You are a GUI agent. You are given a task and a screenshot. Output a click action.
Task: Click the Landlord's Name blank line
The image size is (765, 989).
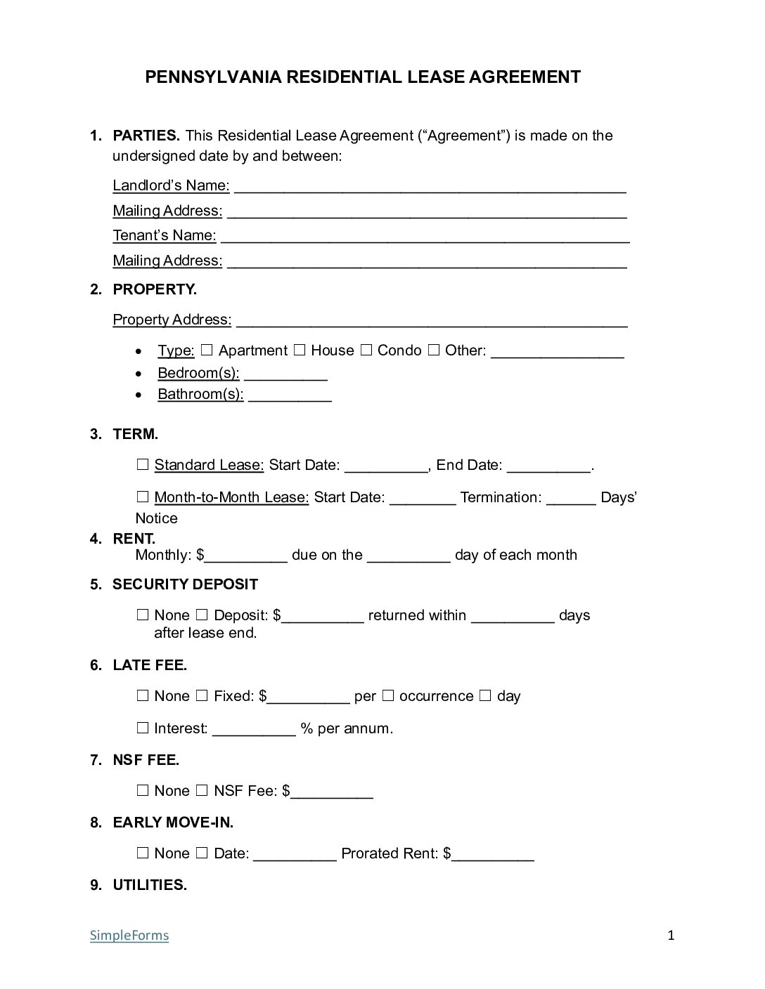point(430,186)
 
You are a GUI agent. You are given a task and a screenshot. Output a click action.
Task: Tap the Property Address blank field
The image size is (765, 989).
point(431,320)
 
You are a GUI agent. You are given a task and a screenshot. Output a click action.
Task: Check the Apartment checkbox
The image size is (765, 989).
point(207,350)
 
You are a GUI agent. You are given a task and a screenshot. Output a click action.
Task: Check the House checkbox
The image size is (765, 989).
point(299,350)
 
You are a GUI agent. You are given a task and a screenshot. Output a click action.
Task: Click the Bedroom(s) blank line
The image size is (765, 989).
point(285,374)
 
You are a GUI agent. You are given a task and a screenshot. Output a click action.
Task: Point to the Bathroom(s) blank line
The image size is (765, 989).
point(289,395)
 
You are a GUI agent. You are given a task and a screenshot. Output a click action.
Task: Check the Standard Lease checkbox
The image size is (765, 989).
point(143,464)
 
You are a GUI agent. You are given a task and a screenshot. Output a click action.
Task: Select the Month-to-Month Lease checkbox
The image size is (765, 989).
point(143,497)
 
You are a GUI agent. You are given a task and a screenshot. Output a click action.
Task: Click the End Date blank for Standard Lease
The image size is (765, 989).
point(548,466)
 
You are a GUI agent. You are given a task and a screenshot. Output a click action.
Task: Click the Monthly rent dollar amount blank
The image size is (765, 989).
point(246,556)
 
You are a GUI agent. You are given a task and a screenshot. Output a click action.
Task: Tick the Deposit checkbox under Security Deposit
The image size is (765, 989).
point(202,615)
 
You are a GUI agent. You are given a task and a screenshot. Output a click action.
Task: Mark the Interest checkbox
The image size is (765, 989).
point(143,728)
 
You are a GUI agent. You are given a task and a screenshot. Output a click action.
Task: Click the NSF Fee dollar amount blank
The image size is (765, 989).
point(332,792)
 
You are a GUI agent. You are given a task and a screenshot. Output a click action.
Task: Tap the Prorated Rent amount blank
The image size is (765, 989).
point(492,854)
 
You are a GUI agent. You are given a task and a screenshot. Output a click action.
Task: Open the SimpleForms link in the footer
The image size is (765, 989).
point(129,935)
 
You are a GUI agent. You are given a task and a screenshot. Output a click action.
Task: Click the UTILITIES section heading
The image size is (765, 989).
point(150,885)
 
